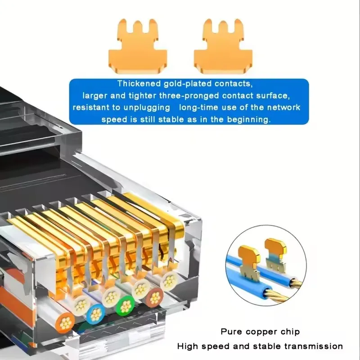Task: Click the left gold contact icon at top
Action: tap(138, 47)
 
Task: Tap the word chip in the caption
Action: tap(290, 332)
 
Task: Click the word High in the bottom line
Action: tap(187, 346)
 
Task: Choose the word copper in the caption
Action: tap(261, 332)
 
